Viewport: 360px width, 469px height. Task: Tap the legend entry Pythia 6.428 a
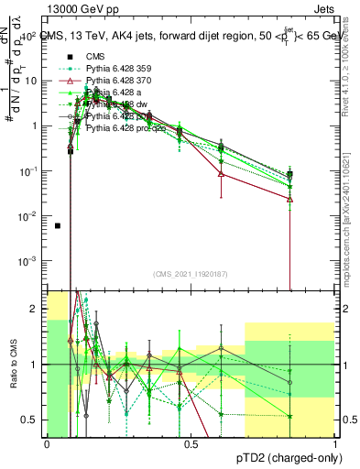pos(125,93)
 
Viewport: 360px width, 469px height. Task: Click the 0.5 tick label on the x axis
pos(191,444)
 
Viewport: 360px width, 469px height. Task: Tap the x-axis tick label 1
pos(335,444)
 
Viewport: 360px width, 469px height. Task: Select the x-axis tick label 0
pos(47,444)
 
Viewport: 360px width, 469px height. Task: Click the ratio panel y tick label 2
pos(35,310)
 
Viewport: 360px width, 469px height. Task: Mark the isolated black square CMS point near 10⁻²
pos(58,225)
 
